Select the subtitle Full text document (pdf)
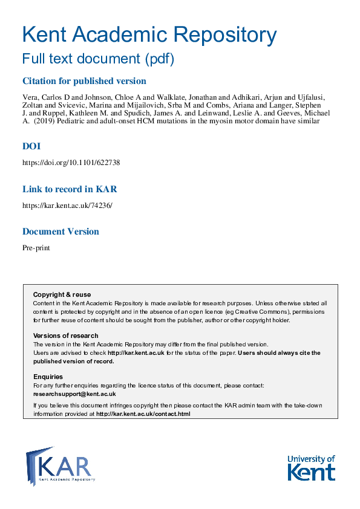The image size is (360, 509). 98,59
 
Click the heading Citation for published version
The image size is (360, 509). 84,81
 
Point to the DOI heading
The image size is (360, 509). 31,146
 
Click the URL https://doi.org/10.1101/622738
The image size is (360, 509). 67,163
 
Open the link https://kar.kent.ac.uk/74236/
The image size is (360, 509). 67,205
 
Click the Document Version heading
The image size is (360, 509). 61,232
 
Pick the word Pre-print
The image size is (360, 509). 36,248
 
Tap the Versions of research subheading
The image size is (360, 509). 65,336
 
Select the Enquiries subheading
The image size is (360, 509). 48,377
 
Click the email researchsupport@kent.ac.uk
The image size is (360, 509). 74,394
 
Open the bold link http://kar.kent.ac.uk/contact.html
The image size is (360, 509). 143,414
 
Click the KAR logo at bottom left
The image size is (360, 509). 60,465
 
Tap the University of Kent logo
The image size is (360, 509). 311,467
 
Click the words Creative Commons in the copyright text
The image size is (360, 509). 267,311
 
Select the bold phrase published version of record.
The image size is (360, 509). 73,361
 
